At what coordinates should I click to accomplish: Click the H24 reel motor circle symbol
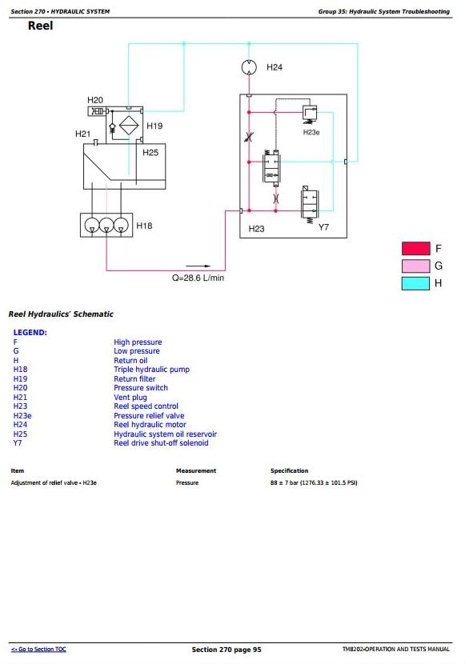tap(249, 67)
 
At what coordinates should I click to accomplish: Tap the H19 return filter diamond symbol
tap(129, 126)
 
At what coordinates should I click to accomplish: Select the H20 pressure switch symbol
tap(98, 111)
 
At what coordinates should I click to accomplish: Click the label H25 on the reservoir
tap(150, 153)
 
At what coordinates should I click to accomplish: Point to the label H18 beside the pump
tap(144, 226)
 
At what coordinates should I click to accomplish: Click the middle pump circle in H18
tap(106, 225)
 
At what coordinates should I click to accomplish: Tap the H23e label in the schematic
tap(311, 133)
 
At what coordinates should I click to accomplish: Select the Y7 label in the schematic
tap(323, 227)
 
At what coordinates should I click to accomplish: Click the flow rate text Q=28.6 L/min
tap(198, 278)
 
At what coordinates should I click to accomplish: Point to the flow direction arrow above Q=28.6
tap(198, 266)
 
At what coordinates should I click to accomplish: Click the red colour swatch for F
tap(416, 248)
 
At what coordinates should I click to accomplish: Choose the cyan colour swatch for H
tap(416, 283)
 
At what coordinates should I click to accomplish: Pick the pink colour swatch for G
tap(416, 266)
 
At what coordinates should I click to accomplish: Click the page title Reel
tap(41, 26)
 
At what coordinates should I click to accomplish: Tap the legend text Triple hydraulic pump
tap(151, 370)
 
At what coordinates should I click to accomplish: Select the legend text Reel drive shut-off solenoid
tap(161, 443)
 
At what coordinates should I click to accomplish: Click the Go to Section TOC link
tap(38, 649)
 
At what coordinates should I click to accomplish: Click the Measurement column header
tap(196, 470)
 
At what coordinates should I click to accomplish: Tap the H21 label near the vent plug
tap(83, 134)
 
